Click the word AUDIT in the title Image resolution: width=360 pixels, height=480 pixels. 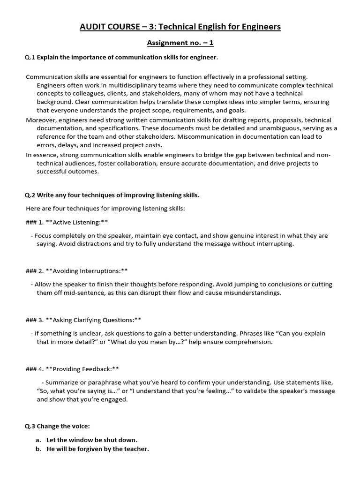click(92, 27)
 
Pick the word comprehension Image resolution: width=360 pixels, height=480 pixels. click(247, 342)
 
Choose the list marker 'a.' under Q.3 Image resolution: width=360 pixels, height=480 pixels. click(39, 440)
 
